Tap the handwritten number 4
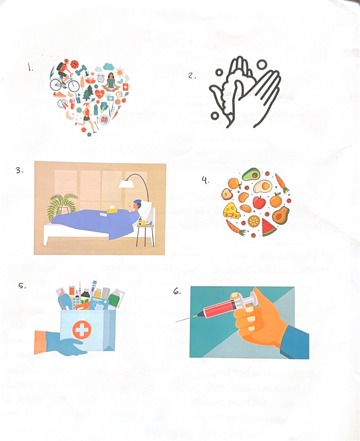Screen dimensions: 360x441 (x=205, y=180)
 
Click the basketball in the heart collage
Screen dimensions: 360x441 (x=74, y=64)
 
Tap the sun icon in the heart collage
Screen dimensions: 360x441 (x=120, y=73)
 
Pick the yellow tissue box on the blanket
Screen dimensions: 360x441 (x=112, y=209)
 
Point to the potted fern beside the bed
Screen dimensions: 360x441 (x=62, y=206)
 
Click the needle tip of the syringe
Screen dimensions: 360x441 (x=176, y=322)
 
